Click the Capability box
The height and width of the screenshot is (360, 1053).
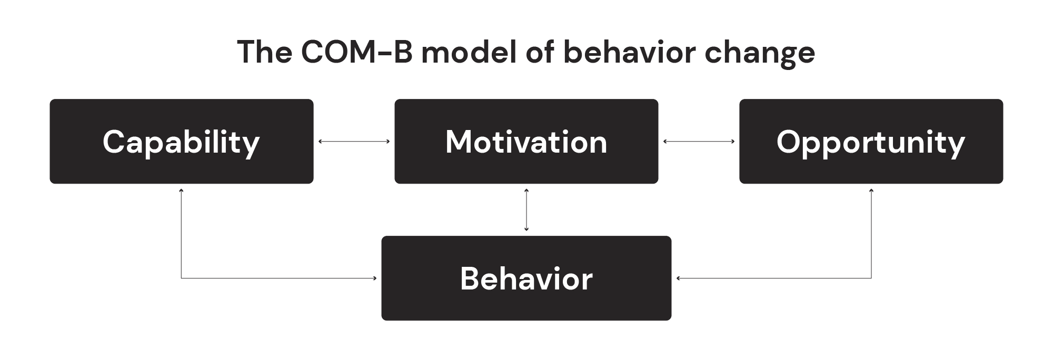pos(182,141)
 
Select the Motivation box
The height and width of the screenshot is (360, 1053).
pos(526,141)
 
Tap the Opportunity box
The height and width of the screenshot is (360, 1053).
pos(871,141)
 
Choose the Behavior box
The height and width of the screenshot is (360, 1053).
pos(526,278)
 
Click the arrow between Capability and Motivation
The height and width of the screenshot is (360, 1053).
pos(354,141)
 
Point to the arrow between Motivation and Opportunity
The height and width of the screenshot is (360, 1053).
pos(699,141)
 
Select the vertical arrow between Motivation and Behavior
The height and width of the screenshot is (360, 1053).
pos(526,209)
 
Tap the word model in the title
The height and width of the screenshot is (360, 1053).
pos(469,52)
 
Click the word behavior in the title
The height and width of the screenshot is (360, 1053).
pos(629,52)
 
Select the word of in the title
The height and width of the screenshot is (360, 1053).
pos(539,52)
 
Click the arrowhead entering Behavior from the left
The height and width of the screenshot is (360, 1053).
pos(375,278)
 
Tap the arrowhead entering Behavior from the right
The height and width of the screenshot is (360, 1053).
pos(678,278)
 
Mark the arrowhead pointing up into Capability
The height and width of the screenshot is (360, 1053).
pos(181,190)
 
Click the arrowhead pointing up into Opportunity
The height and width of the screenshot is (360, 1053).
pos(871,190)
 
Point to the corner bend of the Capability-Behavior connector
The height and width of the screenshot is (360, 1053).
pos(181,278)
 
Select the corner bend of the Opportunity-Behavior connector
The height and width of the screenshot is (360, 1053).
pos(871,278)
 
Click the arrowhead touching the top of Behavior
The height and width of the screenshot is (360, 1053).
pos(526,229)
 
